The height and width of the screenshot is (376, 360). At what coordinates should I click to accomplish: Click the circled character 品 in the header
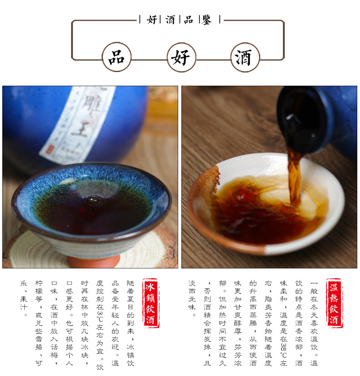[x=117, y=57]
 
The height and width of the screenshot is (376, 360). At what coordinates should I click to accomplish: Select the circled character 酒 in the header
[x=245, y=57]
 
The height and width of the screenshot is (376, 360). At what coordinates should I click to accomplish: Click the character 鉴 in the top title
[x=207, y=20]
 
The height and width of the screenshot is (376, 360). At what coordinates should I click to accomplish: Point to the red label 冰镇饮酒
[x=150, y=304]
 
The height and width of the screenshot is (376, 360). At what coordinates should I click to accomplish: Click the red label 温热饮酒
[x=334, y=304]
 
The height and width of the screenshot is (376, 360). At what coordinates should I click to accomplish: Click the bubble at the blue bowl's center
[x=94, y=199]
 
